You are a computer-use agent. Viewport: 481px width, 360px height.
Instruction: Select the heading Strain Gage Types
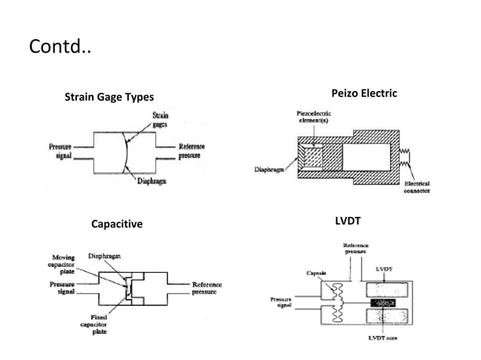[109, 97]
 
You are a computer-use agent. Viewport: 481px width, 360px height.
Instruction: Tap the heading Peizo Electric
[363, 93]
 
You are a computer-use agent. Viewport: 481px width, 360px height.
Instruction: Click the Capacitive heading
[116, 224]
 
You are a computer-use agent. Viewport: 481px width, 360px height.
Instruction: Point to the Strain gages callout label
[160, 120]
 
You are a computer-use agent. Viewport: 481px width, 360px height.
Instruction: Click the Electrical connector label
[417, 188]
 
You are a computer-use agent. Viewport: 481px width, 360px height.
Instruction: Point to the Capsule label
[315, 273]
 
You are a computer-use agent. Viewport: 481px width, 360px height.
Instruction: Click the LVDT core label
[383, 338]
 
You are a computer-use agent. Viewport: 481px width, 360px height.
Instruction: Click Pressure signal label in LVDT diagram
[280, 303]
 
